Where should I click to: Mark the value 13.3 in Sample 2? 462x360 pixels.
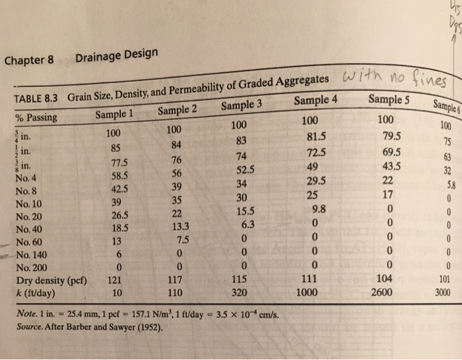pyautogui.click(x=176, y=227)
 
